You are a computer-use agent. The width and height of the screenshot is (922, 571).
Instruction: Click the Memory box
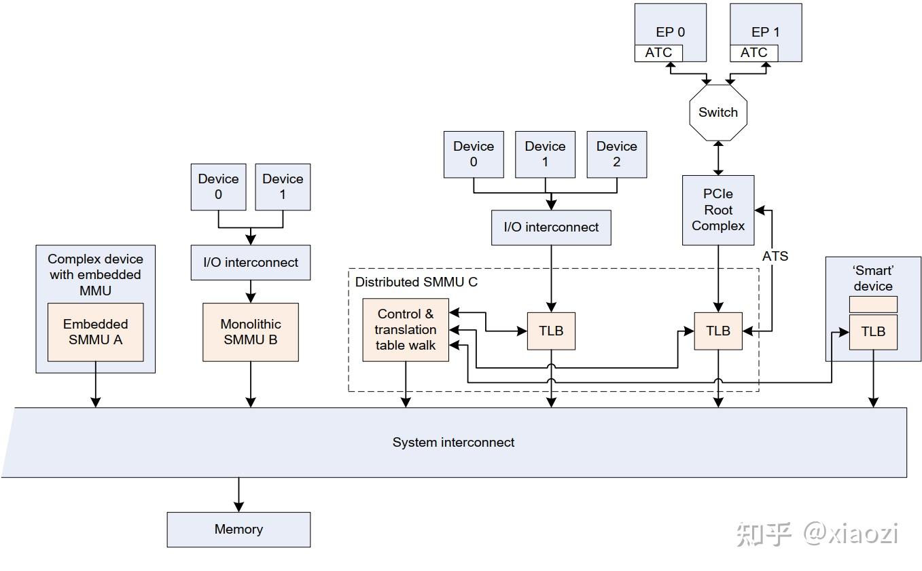click(x=238, y=530)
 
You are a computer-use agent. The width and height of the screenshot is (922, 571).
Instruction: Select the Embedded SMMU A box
click(x=95, y=332)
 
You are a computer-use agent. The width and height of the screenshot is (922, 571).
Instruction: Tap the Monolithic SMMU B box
click(x=251, y=332)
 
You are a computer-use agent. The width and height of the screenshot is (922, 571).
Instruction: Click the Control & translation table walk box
click(x=406, y=330)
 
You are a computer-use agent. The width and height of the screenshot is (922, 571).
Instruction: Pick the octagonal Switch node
click(x=718, y=113)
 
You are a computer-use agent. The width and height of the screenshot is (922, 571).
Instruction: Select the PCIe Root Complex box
click(x=718, y=210)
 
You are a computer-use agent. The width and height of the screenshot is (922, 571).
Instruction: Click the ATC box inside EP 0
click(x=658, y=53)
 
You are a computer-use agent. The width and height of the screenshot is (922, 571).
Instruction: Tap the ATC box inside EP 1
click(x=753, y=53)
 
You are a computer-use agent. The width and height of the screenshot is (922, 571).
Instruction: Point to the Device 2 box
click(x=616, y=154)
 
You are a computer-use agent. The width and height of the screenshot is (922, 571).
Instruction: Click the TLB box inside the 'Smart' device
click(x=873, y=332)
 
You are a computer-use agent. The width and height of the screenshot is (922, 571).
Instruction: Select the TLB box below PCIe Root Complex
click(x=718, y=331)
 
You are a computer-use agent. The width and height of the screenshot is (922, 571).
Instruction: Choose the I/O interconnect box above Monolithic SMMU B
click(x=251, y=263)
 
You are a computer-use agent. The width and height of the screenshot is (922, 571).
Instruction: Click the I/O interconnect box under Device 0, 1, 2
click(x=551, y=227)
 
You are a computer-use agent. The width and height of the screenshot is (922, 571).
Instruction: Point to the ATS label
click(x=775, y=256)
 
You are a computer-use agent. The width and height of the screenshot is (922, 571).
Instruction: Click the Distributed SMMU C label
click(x=416, y=282)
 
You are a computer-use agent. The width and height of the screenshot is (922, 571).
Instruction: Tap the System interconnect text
click(x=453, y=443)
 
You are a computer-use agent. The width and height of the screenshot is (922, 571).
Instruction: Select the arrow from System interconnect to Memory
click(x=238, y=495)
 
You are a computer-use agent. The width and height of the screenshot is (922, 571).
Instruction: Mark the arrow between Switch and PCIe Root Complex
click(x=718, y=158)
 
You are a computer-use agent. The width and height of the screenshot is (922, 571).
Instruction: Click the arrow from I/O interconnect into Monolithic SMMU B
click(x=251, y=291)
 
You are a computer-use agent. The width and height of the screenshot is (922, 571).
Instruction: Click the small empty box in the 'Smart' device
click(x=873, y=304)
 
